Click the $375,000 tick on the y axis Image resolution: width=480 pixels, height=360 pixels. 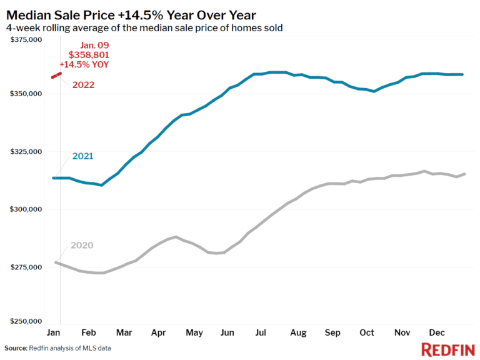coord(26,40)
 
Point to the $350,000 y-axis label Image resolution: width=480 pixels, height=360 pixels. coord(26,94)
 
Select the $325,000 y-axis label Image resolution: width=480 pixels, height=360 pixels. coord(26,152)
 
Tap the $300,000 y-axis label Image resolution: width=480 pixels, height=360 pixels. coord(26,209)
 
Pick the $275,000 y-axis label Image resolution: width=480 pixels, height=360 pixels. coord(26,267)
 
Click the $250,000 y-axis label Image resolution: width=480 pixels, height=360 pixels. coord(26,321)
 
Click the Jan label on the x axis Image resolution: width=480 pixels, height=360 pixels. coord(54,333)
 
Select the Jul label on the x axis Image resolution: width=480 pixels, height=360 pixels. coord(262,333)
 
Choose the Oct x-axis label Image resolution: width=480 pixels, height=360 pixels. coord(366,333)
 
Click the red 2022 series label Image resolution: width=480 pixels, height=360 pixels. coord(82,84)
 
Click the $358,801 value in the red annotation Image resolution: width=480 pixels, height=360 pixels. coord(92,55)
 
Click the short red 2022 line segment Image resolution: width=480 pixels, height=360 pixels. coord(56,75)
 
